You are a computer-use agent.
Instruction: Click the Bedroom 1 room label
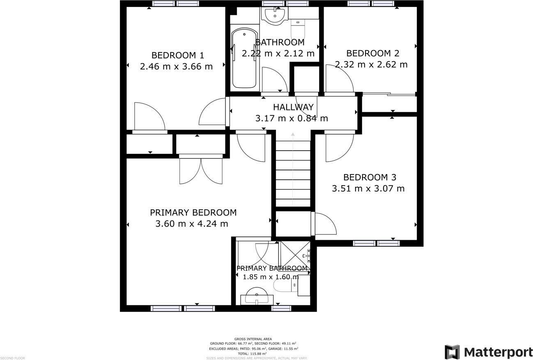coord(177,55)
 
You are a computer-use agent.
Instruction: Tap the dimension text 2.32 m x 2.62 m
coord(371,64)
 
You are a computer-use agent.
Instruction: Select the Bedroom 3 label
coord(370,177)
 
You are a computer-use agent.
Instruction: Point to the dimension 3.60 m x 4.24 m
coord(192,224)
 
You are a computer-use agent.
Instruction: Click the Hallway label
coord(293,107)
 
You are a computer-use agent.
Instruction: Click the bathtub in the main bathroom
coord(244,58)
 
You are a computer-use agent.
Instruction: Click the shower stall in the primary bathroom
coord(295,255)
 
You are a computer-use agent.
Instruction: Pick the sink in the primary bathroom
coord(257,296)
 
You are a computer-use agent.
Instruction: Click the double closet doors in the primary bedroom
coord(201,170)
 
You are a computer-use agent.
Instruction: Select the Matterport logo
coord(488,352)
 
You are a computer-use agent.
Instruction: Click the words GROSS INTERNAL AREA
coord(253,339)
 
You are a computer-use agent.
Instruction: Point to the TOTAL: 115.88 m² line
coord(252,353)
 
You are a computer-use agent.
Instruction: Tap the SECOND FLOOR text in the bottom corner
coord(13,358)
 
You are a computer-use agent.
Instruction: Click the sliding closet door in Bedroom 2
coord(388,94)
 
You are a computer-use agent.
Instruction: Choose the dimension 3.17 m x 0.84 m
coord(292,119)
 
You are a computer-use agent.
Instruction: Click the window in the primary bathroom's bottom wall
coord(281,309)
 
